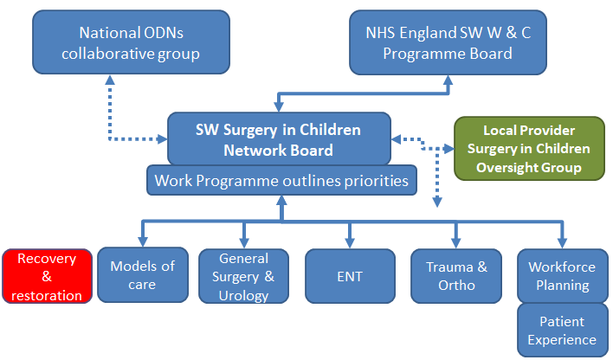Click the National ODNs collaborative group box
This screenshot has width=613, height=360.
click(131, 42)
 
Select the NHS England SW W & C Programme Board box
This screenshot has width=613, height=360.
click(448, 42)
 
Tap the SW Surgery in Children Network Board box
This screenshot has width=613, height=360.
click(279, 138)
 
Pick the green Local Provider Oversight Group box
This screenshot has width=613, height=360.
click(529, 149)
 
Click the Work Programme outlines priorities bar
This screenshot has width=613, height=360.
click(281, 180)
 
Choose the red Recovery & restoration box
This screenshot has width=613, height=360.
click(47, 276)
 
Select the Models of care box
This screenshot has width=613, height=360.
click(143, 275)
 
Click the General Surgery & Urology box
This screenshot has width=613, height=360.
click(243, 276)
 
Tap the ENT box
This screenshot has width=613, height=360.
click(350, 276)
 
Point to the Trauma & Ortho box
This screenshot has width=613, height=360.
click(456, 276)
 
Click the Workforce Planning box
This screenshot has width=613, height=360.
click(563, 276)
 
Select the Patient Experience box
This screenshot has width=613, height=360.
click(563, 331)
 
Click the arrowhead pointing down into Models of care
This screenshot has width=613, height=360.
click(143, 241)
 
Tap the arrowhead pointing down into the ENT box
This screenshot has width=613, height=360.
click(350, 242)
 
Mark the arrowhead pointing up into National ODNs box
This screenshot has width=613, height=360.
click(110, 80)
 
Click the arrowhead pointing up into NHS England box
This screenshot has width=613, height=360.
click(448, 80)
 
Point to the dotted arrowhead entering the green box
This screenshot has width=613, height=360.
click(448, 149)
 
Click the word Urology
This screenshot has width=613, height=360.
click(243, 295)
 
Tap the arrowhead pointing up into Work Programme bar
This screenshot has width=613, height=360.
click(281, 201)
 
